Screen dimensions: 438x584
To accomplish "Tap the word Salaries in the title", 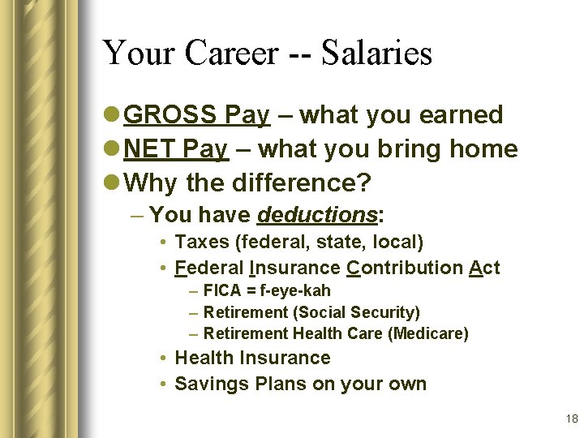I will pyautogui.click(x=377, y=54).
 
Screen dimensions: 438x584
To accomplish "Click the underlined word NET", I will pyautogui.click(x=151, y=149).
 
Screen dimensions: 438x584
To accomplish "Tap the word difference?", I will pyautogui.click(x=299, y=183).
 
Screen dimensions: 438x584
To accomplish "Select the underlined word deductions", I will pyautogui.click(x=317, y=215).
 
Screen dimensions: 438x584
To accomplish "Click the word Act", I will pyautogui.click(x=484, y=268).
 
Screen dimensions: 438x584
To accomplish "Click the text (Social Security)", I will pyautogui.click(x=357, y=312).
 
